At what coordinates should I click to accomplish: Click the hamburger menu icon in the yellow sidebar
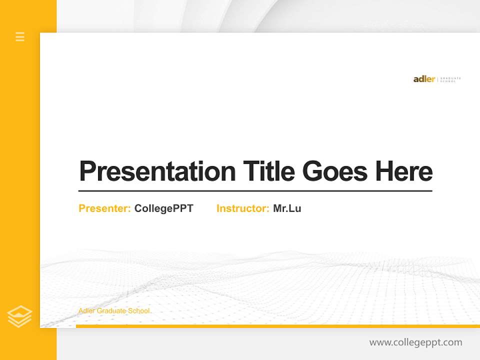click(20, 36)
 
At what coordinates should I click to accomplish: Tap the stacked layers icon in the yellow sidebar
click(19, 316)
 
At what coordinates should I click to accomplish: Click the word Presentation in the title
click(157, 171)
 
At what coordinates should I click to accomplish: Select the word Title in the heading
click(268, 171)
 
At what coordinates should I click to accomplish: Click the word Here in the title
click(403, 171)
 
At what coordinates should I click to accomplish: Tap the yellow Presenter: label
click(104, 208)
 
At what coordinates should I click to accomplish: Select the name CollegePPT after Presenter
click(163, 208)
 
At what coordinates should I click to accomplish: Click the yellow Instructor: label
click(242, 208)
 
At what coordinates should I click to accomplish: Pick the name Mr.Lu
click(287, 208)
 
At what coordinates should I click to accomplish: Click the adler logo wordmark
click(424, 79)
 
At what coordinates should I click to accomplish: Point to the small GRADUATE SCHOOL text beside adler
click(450, 79)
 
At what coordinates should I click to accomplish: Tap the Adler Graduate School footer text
click(114, 311)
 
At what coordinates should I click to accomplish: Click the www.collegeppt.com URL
click(415, 342)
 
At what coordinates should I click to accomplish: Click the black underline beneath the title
click(255, 191)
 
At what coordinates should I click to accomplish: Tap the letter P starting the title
click(87, 171)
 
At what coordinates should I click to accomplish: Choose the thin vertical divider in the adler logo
click(437, 79)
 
